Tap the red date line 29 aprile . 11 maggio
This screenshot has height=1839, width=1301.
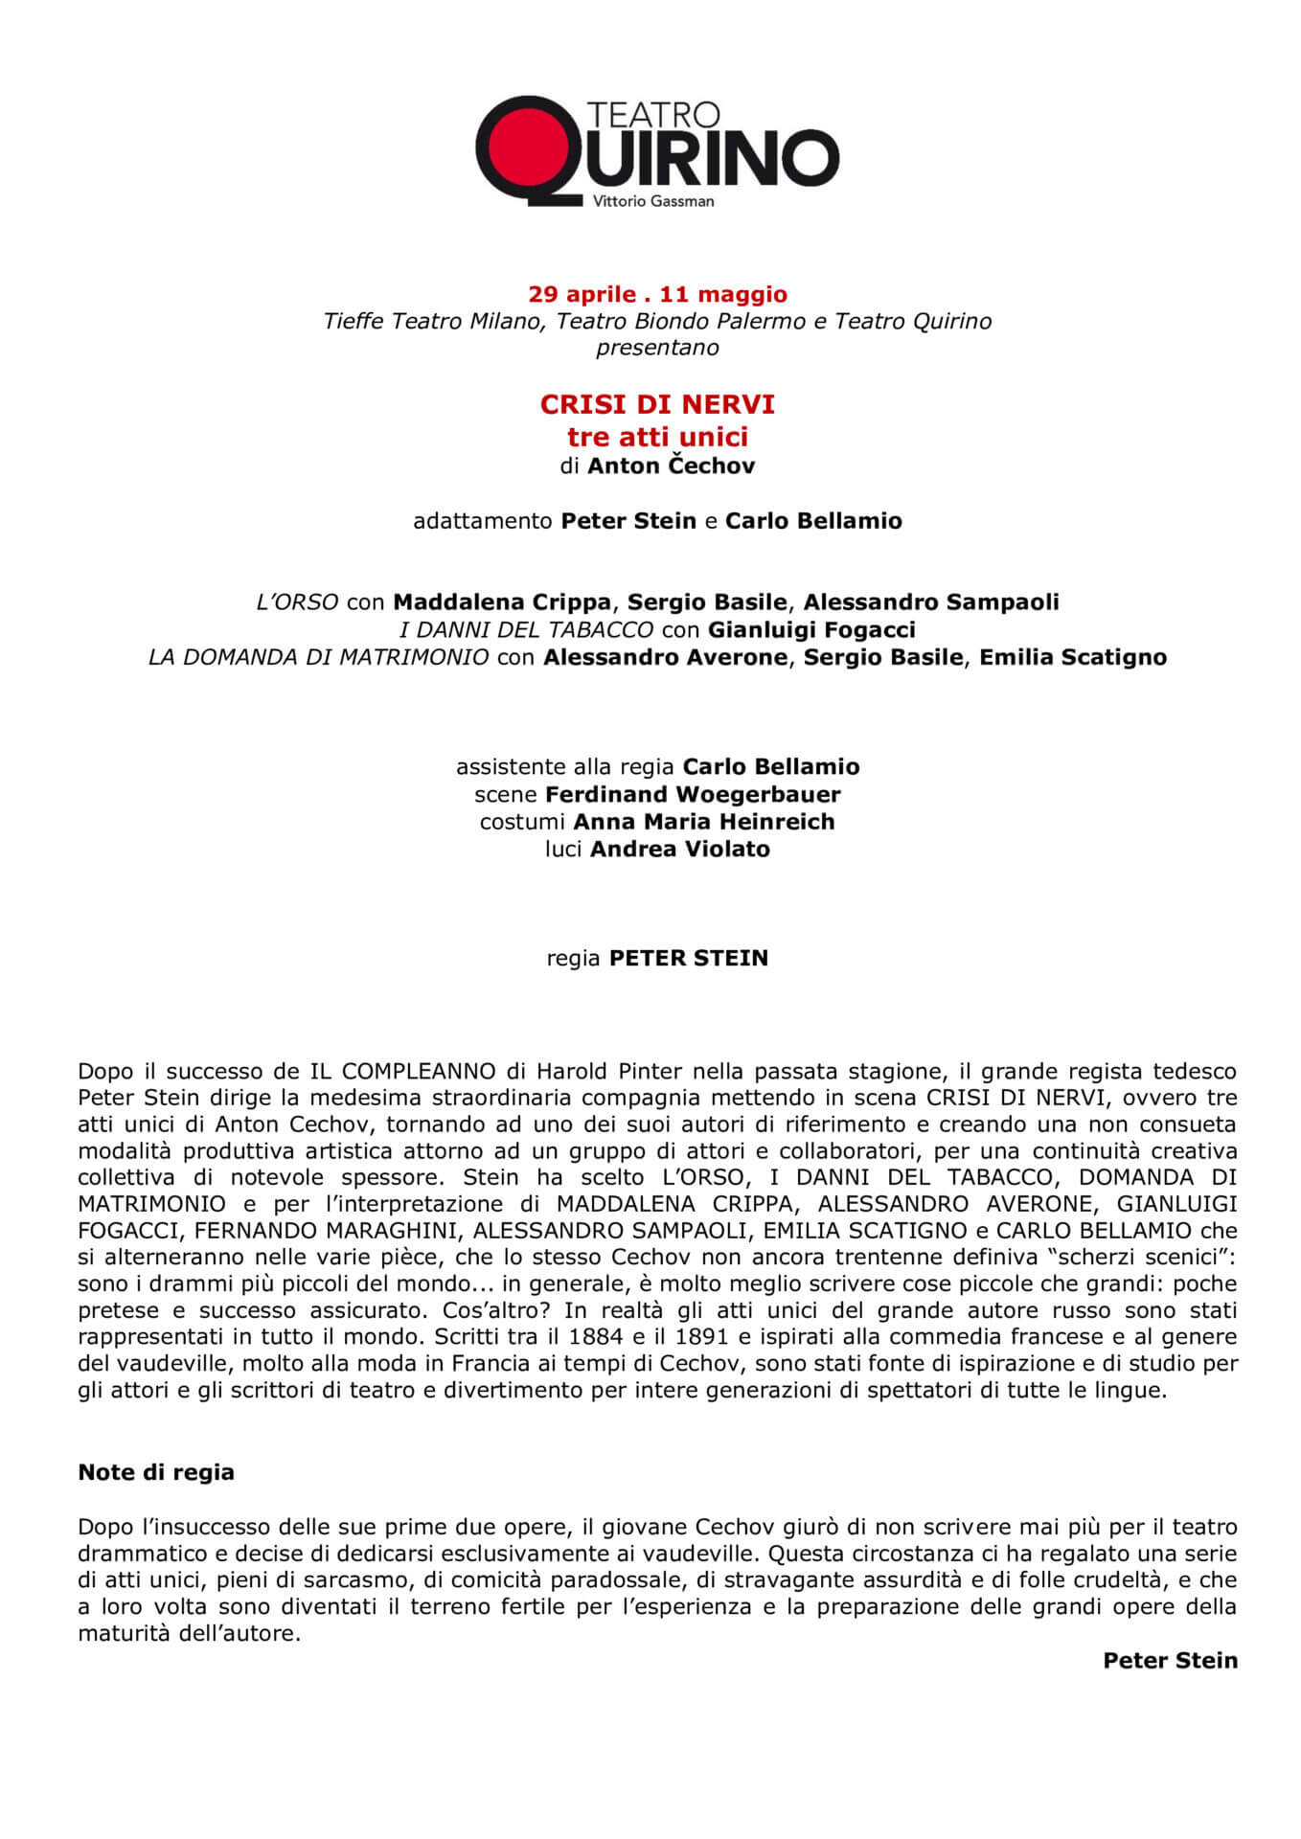pos(657,294)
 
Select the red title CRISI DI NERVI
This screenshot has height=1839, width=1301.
pos(657,405)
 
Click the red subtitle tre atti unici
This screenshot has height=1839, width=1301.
pos(657,437)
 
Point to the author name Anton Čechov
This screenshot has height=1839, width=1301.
pos(671,466)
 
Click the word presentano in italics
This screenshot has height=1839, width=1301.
pos(657,348)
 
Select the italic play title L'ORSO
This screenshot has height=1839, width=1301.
pos(297,602)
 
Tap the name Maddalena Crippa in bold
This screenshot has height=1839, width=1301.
pos(502,602)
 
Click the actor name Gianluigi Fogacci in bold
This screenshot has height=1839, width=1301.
pos(811,629)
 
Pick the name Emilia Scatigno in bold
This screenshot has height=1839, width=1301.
pos(1073,657)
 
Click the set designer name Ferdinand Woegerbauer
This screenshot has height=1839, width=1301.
pos(693,794)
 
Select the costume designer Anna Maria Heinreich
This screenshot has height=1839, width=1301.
pos(704,822)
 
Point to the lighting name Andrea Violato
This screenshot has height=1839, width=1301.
pos(680,849)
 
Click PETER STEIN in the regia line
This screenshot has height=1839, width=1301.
pos(689,959)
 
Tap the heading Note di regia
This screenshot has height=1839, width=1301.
pos(156,1472)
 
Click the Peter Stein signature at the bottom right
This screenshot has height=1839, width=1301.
pos(1170,1660)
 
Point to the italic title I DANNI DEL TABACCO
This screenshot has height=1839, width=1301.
pos(526,629)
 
